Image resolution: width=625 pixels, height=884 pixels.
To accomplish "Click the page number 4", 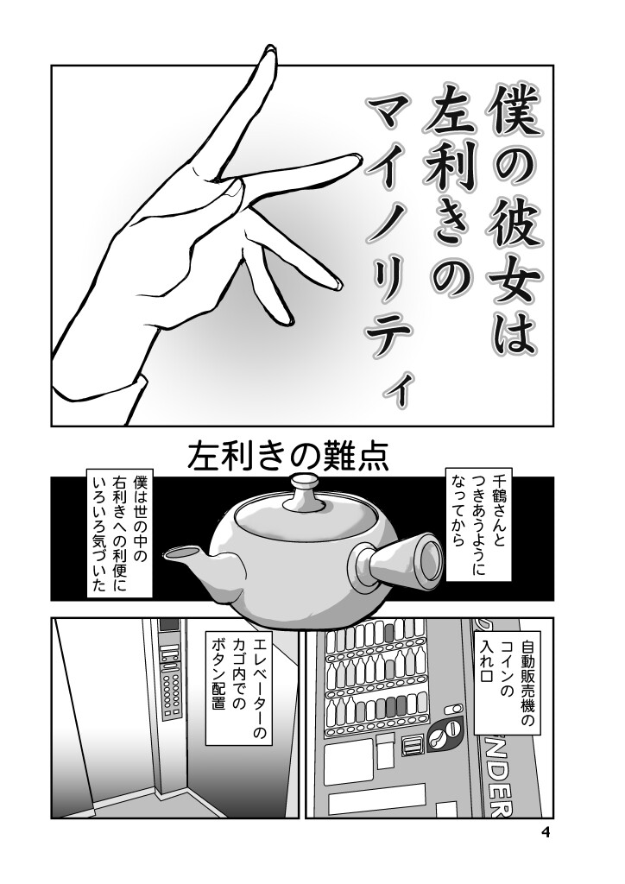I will point(545,833).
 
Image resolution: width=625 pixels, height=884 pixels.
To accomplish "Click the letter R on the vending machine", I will point(503,807).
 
